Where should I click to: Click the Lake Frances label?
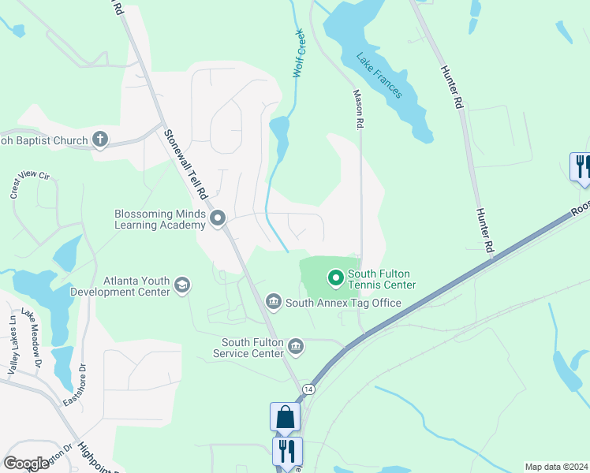tap(379, 76)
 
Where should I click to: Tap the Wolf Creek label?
tap(299, 53)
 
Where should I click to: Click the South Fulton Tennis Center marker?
tap(335, 277)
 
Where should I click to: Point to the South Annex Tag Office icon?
tap(274, 300)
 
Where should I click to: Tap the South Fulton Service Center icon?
tap(296, 345)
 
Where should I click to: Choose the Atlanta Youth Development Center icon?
tap(182, 285)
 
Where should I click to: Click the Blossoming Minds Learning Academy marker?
tap(218, 218)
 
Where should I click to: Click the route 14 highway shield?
tap(308, 389)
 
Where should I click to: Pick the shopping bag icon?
tap(285, 416)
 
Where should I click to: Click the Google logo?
tap(27, 464)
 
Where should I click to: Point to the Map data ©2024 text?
tap(556, 467)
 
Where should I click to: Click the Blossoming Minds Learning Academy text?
tap(160, 219)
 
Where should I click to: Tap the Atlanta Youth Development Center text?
tap(136, 286)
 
